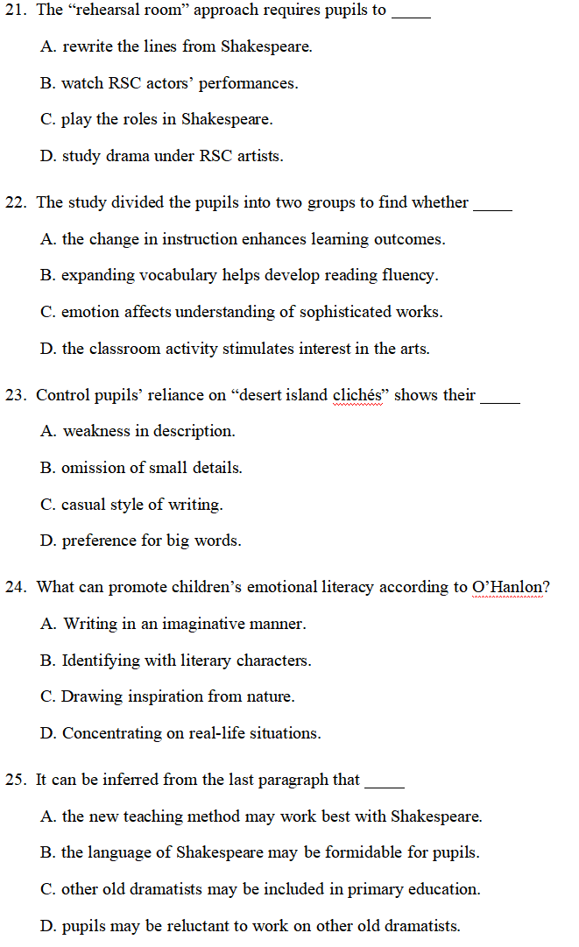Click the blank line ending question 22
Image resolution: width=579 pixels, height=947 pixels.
point(492,207)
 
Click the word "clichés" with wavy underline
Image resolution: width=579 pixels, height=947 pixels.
point(360,395)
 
